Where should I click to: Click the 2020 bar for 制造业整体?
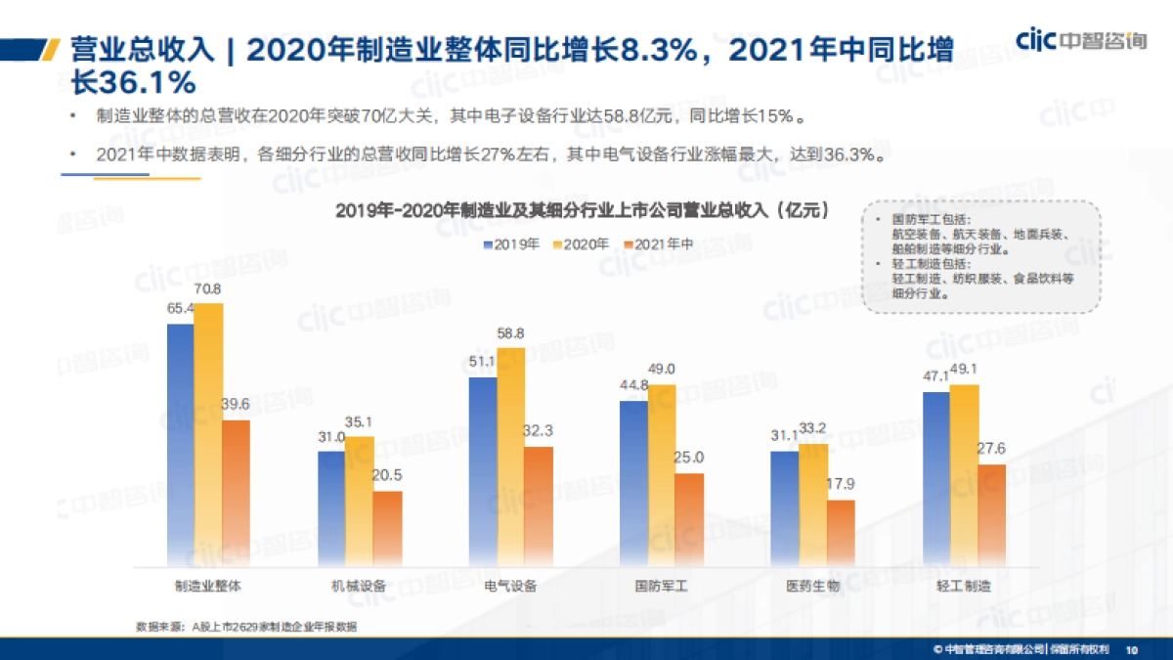tap(208, 435)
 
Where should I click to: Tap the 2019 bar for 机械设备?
tap(331, 508)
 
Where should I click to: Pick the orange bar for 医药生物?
tap(841, 533)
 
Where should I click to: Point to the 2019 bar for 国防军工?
tap(632, 483)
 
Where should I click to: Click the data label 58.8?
tap(511, 333)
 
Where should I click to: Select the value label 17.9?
tap(841, 484)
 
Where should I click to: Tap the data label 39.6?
tap(236, 404)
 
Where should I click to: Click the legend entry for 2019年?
tap(512, 244)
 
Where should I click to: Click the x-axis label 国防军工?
tap(662, 587)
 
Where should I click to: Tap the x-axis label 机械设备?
tap(359, 587)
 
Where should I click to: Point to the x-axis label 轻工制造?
tap(964, 587)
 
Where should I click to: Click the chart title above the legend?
tap(583, 209)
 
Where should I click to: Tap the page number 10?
tap(1133, 649)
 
